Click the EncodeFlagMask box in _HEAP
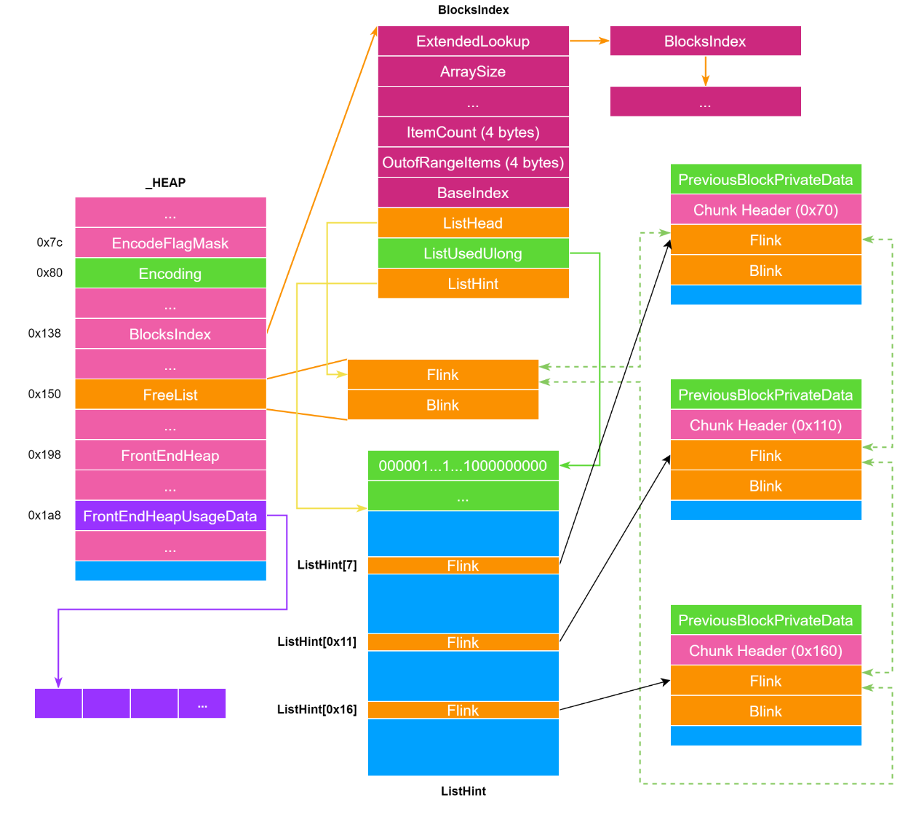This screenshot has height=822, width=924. coord(170,243)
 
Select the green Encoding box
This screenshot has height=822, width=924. coord(170,274)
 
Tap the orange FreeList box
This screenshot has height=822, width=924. coord(170,395)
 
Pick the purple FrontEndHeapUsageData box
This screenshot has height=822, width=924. coord(170,516)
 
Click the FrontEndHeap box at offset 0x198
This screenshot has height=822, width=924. coord(170,456)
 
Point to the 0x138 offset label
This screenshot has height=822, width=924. coord(44,333)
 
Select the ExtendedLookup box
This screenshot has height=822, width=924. coord(473,42)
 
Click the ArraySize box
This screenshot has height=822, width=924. coord(473,71)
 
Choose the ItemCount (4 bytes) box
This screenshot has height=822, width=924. coord(473,133)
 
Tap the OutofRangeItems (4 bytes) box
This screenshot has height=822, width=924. coord(473,162)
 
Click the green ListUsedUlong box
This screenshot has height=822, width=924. coord(473,253)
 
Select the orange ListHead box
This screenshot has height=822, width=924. coord(473,223)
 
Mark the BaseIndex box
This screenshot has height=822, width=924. coord(473,193)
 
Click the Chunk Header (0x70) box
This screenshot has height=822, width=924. coord(765,210)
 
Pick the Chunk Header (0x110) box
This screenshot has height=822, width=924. coord(765,425)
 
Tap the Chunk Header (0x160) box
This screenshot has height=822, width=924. coord(765,651)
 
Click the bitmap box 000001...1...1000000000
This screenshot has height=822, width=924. coord(463,466)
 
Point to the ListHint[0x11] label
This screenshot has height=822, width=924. coord(316,641)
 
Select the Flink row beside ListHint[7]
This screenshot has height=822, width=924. coord(463,566)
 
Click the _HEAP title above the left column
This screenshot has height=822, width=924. coord(166,183)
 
